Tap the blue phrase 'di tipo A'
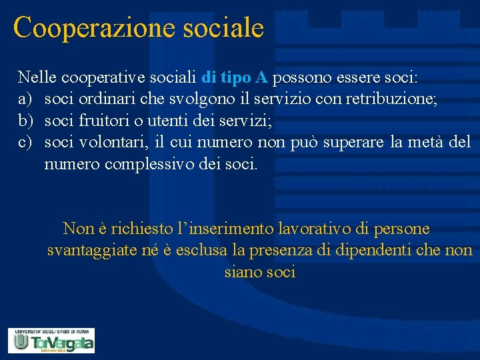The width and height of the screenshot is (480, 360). click(x=234, y=78)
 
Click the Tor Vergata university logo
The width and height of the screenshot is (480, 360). click(x=51, y=340)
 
